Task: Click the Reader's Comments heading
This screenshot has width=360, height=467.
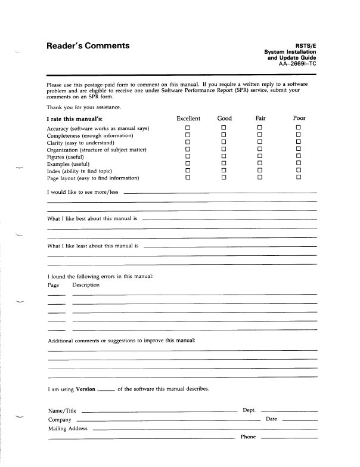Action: point(88,46)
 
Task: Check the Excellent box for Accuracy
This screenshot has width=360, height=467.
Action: point(187,128)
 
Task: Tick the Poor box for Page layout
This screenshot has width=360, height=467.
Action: point(299,178)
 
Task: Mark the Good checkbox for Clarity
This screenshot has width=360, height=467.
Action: point(224,143)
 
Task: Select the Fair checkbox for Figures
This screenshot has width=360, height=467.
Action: point(260,156)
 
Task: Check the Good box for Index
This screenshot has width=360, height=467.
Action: point(224,171)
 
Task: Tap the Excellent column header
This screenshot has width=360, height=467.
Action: point(188,118)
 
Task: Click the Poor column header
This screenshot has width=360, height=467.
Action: point(299,118)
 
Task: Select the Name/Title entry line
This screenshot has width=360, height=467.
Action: point(159,412)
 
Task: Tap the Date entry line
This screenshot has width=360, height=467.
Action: point(299,421)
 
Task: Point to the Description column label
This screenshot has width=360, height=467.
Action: point(86,285)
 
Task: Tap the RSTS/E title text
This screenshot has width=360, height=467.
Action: point(306,45)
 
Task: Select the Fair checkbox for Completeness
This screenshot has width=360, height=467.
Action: point(260,135)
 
